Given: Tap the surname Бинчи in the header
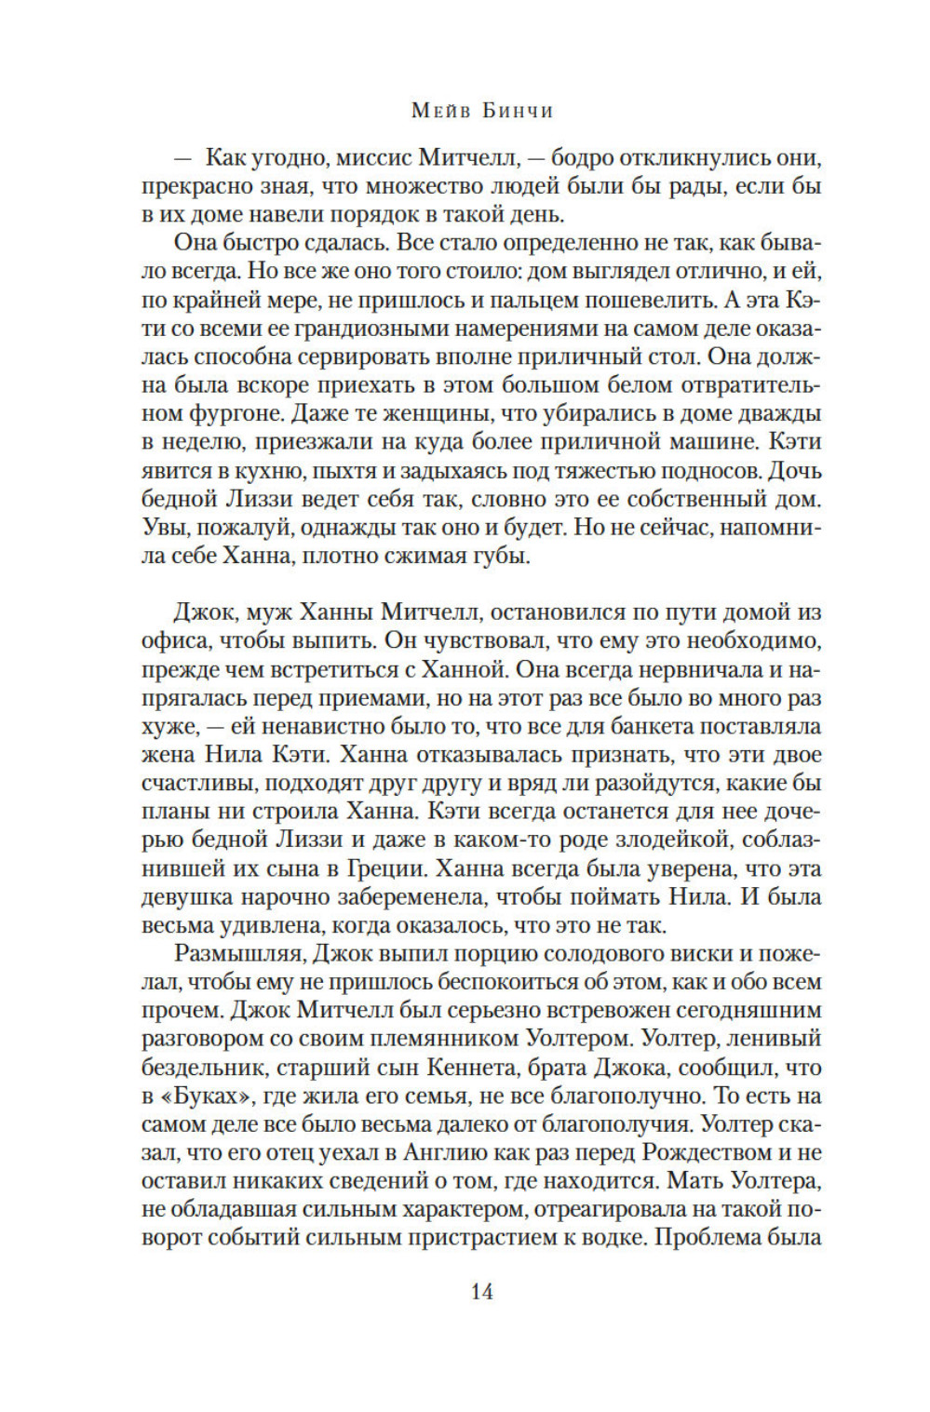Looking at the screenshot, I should pos(516,112).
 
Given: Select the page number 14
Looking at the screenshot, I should pos(481,1291).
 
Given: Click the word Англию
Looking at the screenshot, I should pos(446,1152).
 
